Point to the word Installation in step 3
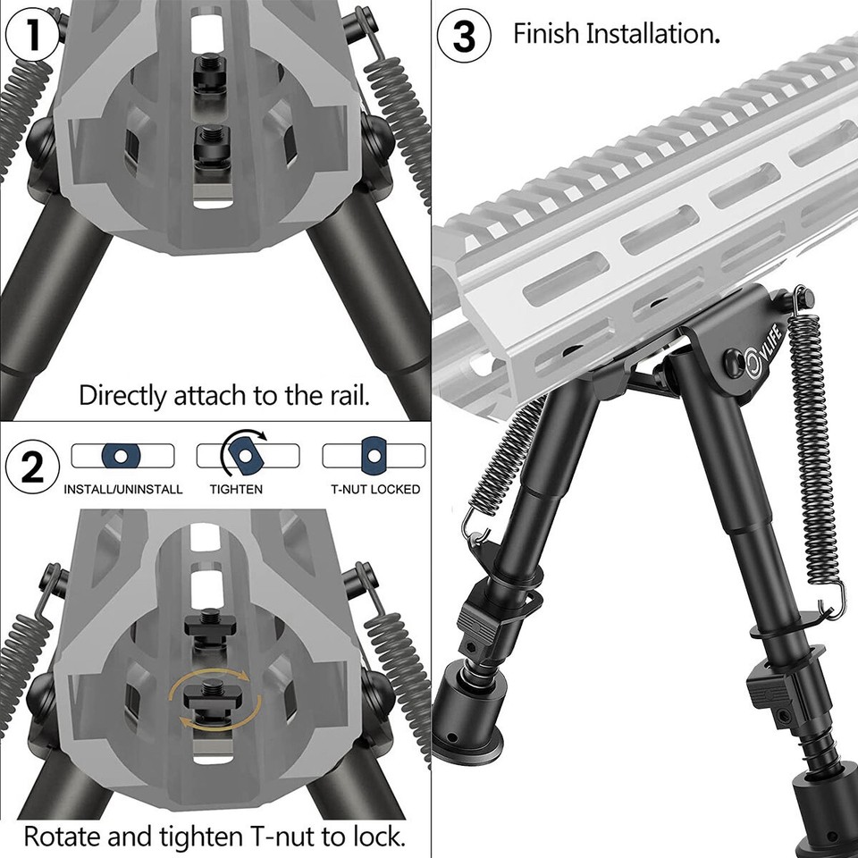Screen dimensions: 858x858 pyautogui.click(x=653, y=35)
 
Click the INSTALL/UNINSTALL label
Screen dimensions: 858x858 pyautogui.click(x=123, y=490)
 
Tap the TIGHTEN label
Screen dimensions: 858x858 pyautogui.click(x=236, y=490)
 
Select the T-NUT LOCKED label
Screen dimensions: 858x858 pyautogui.click(x=375, y=490)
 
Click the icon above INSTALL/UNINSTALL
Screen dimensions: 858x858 pyautogui.click(x=122, y=456)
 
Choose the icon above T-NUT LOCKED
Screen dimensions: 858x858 pyautogui.click(x=374, y=455)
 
